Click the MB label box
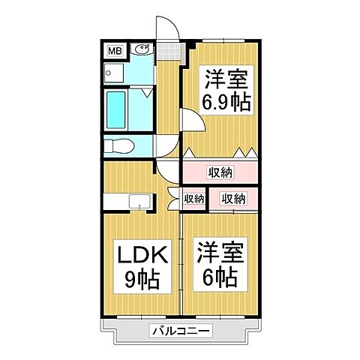115,51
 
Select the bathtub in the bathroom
118,112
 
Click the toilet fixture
118,146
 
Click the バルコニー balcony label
180,330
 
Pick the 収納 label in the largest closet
220,172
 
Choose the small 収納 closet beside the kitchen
193,199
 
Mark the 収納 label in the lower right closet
232,199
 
